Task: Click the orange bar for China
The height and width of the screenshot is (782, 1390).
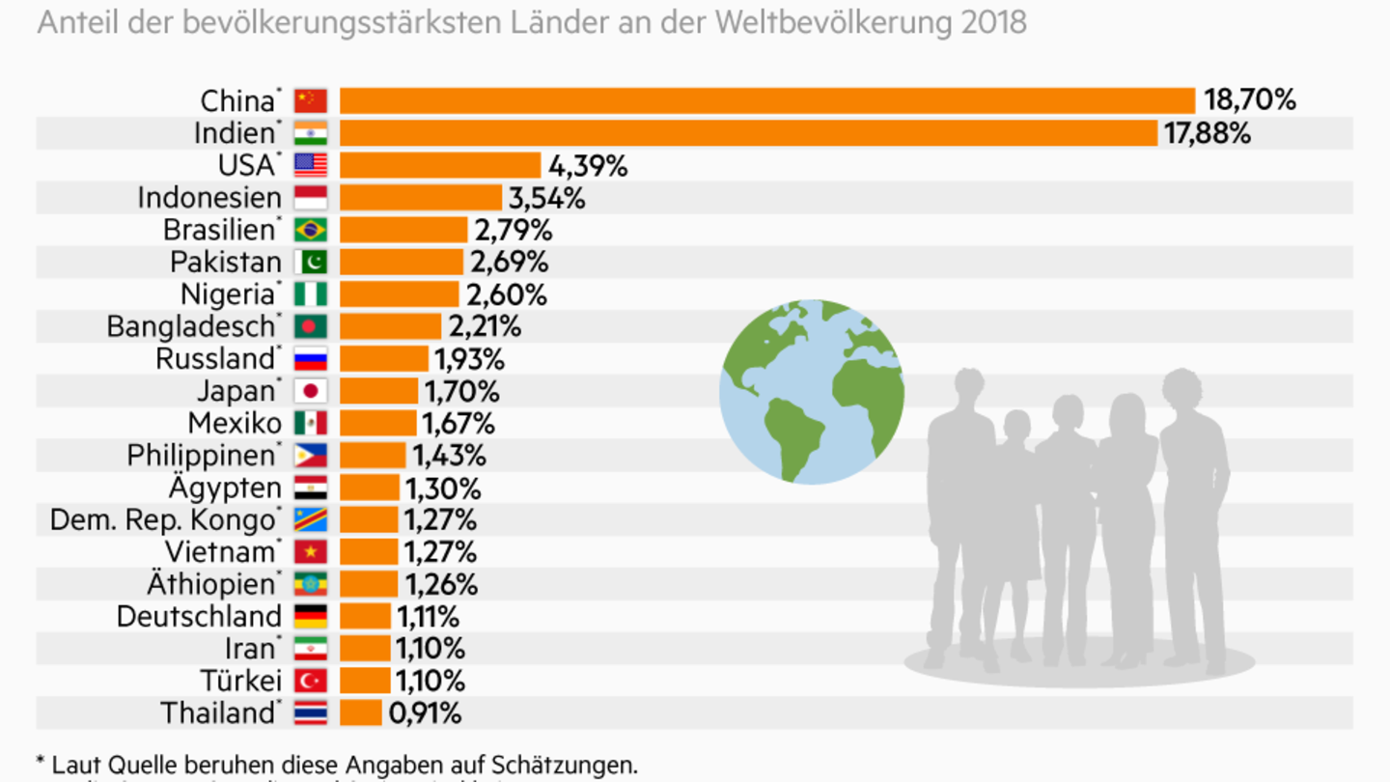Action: click(x=767, y=100)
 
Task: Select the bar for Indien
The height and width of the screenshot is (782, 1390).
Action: click(x=748, y=133)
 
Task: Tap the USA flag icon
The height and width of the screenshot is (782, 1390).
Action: click(x=311, y=165)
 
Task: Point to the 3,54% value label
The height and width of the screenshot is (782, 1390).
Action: click(x=546, y=198)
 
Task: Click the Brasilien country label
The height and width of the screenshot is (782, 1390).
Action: click(x=219, y=230)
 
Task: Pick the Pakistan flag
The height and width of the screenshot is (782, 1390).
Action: click(x=311, y=262)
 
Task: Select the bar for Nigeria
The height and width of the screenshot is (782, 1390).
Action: click(x=399, y=294)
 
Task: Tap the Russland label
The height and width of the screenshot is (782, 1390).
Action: click(x=215, y=358)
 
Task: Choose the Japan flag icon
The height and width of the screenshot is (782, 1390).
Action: click(x=311, y=391)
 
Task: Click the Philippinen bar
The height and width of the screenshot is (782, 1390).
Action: click(x=373, y=455)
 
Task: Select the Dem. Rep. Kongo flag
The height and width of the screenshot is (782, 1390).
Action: click(x=311, y=519)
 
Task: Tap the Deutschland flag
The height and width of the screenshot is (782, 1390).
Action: click(x=311, y=616)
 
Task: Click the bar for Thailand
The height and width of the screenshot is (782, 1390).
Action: click(x=360, y=712)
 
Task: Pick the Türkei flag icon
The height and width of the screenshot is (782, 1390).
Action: click(x=311, y=681)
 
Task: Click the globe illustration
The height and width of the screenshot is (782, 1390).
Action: click(x=812, y=391)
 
